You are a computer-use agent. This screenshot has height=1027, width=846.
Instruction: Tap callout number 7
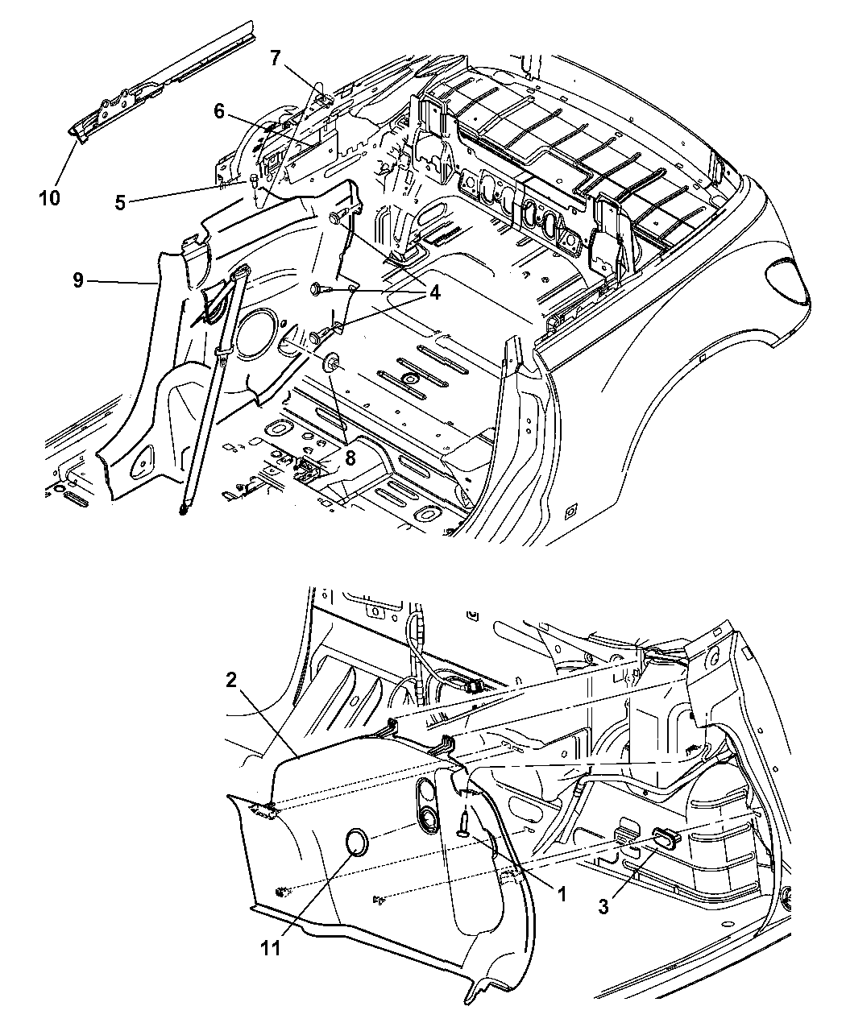(x=275, y=58)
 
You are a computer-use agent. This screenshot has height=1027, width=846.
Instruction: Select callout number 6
(x=219, y=112)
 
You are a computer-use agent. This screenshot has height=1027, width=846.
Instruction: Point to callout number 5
(x=120, y=202)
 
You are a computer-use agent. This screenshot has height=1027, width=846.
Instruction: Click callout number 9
(x=78, y=281)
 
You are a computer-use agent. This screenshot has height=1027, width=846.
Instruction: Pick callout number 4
(x=434, y=293)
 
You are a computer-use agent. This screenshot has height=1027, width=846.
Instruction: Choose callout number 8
(x=350, y=458)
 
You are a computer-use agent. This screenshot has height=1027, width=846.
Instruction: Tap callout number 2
(x=230, y=681)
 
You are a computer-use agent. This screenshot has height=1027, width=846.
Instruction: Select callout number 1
(x=561, y=894)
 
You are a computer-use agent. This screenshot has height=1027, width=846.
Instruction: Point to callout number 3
(x=603, y=906)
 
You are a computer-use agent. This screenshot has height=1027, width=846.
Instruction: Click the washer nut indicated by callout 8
(x=330, y=362)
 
